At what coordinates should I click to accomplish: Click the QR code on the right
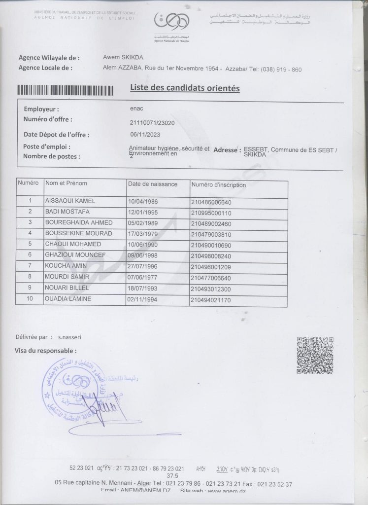(315, 355)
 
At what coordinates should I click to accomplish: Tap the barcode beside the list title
(65, 90)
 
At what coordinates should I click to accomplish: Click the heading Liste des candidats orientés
(185, 89)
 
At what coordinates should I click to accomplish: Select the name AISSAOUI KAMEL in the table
(70, 201)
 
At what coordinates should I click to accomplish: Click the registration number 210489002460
(210, 223)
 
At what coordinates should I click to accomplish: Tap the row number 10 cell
(30, 299)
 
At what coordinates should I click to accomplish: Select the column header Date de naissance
(153, 184)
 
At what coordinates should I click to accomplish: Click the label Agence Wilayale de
(49, 58)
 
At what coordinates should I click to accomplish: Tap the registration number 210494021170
(210, 300)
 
